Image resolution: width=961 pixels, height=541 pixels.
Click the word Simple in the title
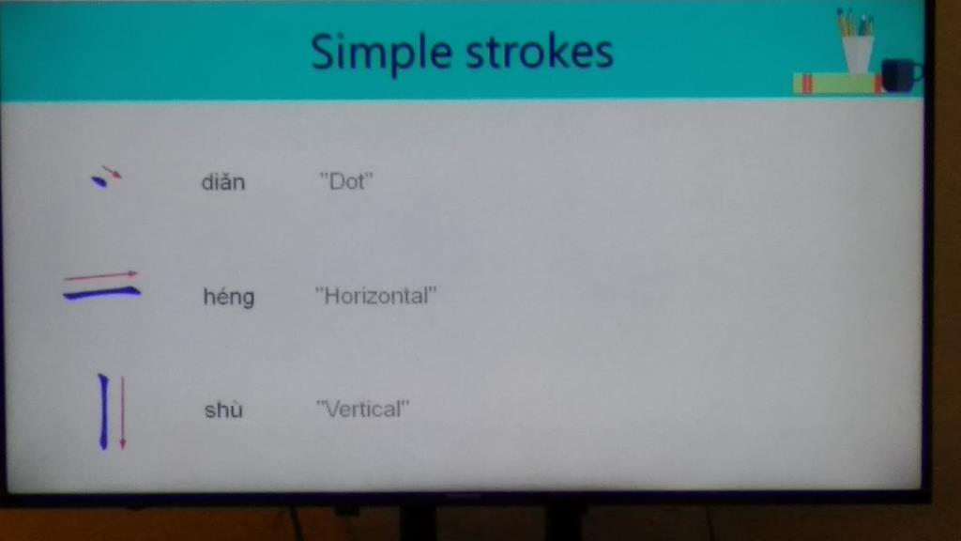point(381,54)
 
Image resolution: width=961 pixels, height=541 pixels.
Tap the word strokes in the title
point(540,52)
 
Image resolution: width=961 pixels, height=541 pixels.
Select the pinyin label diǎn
point(223,182)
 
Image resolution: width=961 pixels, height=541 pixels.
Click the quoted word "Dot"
point(346,181)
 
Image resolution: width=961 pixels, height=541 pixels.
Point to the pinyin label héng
point(229,297)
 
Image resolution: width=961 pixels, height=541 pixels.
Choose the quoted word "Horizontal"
point(375,296)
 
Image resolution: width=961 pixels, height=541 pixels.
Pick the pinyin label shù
point(223,410)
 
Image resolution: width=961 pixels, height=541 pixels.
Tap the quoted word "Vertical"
point(362,410)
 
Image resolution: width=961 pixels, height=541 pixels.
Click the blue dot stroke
point(99,181)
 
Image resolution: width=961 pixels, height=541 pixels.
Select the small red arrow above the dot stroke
point(113,172)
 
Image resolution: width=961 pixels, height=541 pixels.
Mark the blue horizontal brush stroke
point(101,294)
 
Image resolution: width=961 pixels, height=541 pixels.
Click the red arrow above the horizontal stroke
point(100,275)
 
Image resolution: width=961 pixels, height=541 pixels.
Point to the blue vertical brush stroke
point(103,411)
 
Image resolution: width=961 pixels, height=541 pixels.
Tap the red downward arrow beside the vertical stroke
point(123,413)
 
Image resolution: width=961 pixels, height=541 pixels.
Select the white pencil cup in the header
point(858,54)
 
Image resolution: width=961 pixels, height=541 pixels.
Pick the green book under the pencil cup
point(837,84)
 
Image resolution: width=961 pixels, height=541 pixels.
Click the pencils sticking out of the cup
point(856,23)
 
